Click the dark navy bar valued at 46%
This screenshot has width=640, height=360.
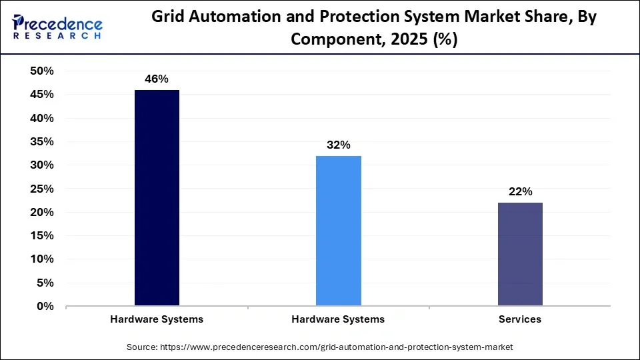(x=157, y=198)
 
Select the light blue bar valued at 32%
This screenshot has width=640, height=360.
(x=338, y=231)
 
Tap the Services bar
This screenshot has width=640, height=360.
(x=520, y=254)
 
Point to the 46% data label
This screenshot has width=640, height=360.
(x=157, y=79)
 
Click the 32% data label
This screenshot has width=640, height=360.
(x=338, y=145)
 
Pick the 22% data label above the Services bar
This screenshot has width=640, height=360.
(x=520, y=192)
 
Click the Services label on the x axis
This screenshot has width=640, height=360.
(x=520, y=319)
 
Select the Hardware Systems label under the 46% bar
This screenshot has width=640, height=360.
(x=157, y=319)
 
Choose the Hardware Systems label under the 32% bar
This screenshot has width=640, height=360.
(x=338, y=319)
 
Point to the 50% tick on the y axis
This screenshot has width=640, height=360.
(x=42, y=71)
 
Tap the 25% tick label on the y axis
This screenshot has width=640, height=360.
(x=42, y=189)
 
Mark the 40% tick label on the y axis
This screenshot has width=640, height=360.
(x=42, y=118)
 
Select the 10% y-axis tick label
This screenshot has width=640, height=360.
(x=42, y=259)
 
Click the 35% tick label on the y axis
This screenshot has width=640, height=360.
(x=42, y=142)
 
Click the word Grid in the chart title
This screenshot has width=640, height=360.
(x=167, y=17)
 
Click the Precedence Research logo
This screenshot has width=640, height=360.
(x=57, y=27)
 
